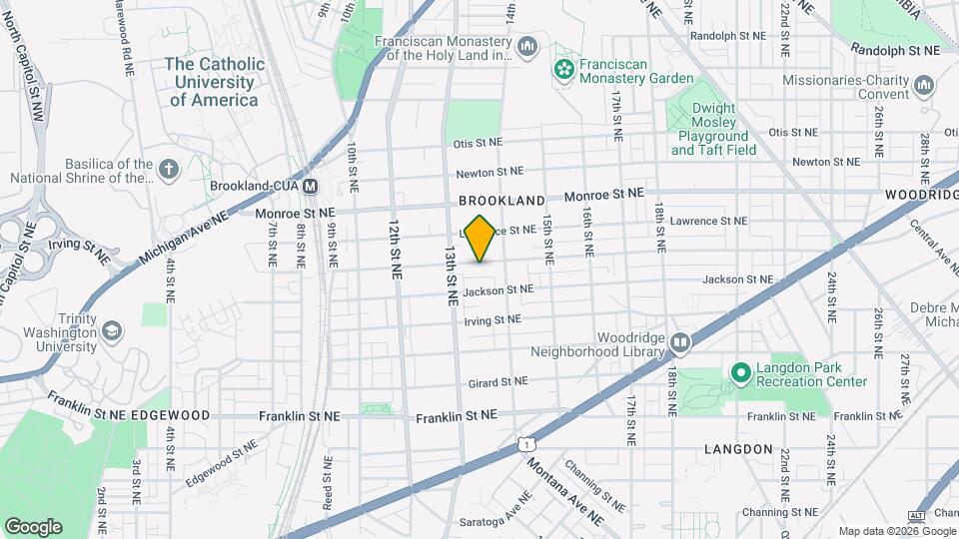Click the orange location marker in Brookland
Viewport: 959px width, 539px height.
click(x=480, y=239)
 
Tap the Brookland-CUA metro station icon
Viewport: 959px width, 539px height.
click(x=311, y=186)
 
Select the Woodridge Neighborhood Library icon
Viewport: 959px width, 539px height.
click(x=680, y=343)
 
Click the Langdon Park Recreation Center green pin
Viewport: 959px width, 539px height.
click(x=741, y=374)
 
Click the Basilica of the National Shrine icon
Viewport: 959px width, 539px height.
click(x=170, y=170)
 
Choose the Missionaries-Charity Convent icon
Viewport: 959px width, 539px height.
click(x=924, y=86)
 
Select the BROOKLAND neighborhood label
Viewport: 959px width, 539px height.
click(x=502, y=201)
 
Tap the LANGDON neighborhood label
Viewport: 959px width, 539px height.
click(x=738, y=449)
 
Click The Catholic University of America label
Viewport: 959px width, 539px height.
click(x=215, y=82)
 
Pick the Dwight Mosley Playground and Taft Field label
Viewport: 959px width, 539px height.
click(x=714, y=129)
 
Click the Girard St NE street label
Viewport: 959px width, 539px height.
click(x=497, y=382)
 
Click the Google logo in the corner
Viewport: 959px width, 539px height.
click(x=33, y=527)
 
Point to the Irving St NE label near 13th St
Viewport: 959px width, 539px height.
click(x=492, y=319)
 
